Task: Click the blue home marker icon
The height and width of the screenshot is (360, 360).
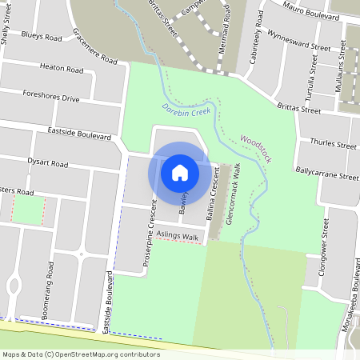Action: (180, 171)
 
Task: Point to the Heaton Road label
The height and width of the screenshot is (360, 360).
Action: (61, 70)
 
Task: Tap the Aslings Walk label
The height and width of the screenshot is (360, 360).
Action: (177, 237)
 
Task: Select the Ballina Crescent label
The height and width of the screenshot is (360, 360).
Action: (212, 200)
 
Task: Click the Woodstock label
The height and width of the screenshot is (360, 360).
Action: (256, 149)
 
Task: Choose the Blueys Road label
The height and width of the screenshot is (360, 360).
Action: (42, 37)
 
